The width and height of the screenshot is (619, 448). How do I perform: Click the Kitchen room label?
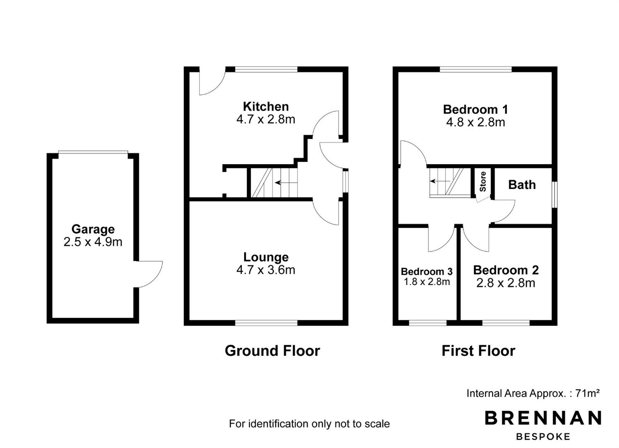[x=266, y=107]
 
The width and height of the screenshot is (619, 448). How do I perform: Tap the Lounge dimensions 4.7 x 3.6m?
[x=266, y=270]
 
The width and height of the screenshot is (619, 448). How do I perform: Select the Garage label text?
[x=93, y=229]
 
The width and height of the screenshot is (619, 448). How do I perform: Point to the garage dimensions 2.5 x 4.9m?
[x=93, y=242]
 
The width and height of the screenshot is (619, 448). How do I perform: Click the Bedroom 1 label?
[x=476, y=110]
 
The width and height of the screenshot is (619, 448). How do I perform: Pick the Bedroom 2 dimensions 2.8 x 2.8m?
[x=506, y=283]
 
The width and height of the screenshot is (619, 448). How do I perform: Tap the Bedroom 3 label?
[x=427, y=271]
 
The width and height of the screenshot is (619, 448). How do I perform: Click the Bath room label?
[x=522, y=185]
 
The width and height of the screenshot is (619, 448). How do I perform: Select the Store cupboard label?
[x=483, y=182]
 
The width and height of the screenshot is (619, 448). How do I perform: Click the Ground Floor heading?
[x=273, y=351]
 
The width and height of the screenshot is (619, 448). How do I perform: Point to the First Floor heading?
[x=479, y=351]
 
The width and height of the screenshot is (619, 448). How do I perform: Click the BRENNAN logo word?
[x=543, y=418]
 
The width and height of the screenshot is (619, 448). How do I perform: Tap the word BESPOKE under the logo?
[x=543, y=437]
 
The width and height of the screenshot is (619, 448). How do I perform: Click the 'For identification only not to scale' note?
[x=309, y=424]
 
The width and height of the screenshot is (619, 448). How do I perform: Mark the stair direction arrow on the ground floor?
[x=286, y=183]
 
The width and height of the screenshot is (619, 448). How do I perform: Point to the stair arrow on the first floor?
[x=440, y=181]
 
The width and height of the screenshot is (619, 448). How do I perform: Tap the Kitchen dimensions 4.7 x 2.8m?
[x=266, y=119]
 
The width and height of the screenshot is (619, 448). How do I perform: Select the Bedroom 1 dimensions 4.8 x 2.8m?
[x=476, y=122]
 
